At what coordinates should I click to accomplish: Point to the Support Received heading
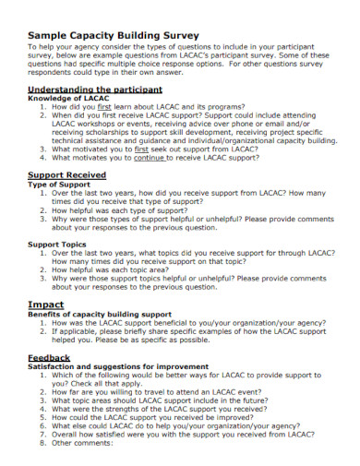click(67, 173)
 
